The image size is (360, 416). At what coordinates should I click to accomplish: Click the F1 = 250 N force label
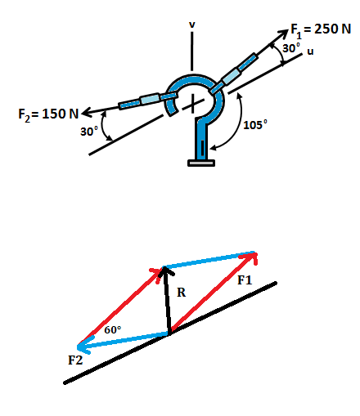click(321, 30)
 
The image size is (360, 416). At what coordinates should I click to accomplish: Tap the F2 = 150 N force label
click(48, 114)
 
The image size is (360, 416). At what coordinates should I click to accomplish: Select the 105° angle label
click(255, 125)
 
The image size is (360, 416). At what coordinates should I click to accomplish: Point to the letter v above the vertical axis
click(192, 25)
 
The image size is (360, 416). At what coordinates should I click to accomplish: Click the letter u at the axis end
click(310, 51)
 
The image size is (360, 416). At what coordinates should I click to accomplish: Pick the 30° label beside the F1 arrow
click(291, 48)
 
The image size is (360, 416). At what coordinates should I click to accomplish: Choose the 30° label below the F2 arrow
click(89, 131)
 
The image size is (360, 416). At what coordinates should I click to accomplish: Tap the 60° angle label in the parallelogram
click(113, 329)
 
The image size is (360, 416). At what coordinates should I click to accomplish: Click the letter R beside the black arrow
click(181, 293)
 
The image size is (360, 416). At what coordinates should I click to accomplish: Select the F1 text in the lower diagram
click(245, 280)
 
